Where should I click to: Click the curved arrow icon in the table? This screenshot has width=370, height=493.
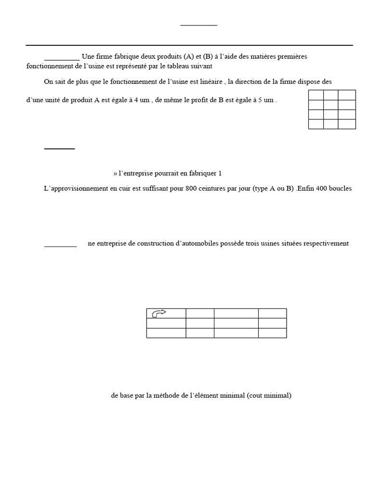pos(159,313)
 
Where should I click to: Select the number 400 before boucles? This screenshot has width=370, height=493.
pos(320,189)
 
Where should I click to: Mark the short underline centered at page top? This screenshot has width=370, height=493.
pos(198,25)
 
